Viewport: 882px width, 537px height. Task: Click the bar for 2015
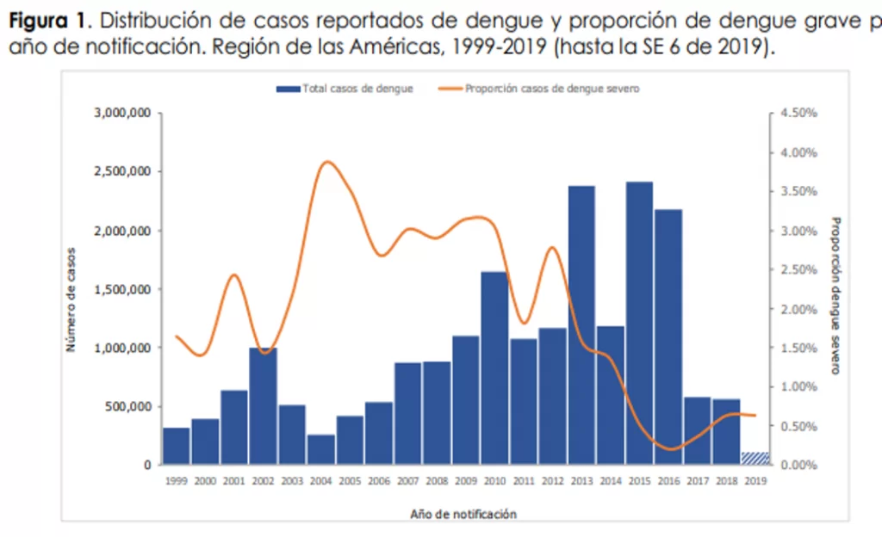point(639,323)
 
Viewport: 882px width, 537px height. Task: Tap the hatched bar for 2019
point(755,458)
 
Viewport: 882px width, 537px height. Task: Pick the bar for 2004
point(320,449)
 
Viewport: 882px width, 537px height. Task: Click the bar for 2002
point(263,405)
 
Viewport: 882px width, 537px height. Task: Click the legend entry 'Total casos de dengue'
point(345,88)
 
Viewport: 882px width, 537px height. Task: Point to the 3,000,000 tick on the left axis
point(123,114)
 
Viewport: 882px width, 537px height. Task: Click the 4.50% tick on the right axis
point(798,114)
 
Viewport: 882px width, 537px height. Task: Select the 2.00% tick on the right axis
point(798,309)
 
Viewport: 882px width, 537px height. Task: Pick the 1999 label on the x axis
point(176,482)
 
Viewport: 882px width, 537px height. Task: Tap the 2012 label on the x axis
point(552,482)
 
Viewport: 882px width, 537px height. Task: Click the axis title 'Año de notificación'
point(464,514)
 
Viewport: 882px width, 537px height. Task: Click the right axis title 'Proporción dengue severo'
point(834,294)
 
